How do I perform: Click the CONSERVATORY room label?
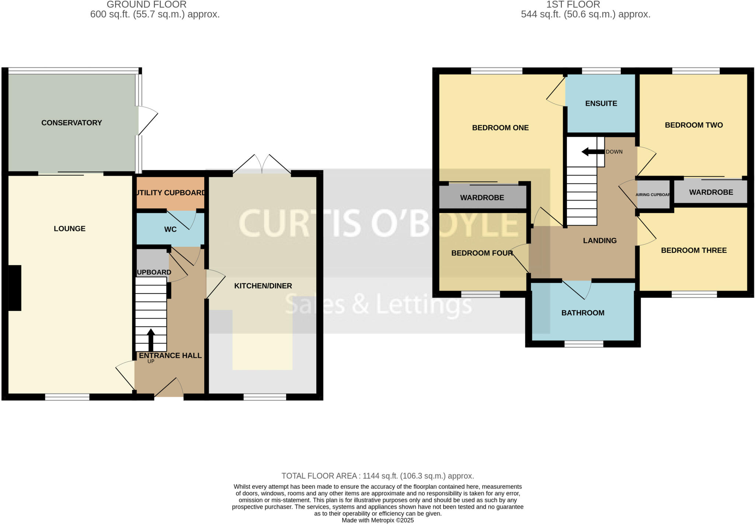72,123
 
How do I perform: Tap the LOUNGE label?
70,229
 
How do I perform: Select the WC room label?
170,229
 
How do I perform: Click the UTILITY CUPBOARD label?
170,193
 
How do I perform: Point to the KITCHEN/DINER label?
263,286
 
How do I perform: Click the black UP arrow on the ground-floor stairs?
151,339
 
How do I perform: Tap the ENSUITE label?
601,104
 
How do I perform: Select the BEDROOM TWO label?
693,125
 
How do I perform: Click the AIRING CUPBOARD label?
653,195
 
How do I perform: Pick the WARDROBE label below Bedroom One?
482,198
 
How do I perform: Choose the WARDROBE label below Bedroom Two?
711,192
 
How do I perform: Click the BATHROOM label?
582,313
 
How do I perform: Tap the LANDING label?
599,241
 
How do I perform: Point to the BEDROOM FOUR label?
482,253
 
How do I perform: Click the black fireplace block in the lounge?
15,288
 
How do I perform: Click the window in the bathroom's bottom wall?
584,344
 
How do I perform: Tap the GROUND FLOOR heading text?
146,5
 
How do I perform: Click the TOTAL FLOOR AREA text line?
377,476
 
